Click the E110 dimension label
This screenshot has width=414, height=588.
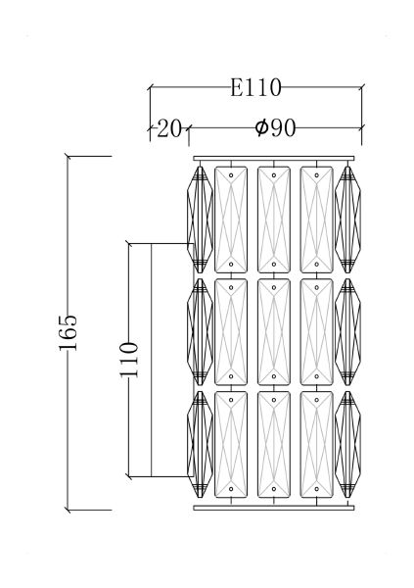coord(255,87)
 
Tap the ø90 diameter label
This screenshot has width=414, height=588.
coord(275,127)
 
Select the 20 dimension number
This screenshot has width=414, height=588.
coord(169,128)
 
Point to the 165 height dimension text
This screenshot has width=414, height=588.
coord(68,332)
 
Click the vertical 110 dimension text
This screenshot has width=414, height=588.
coord(129,360)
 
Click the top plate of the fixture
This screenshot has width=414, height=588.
coord(273,158)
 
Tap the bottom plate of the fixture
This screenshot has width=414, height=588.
coord(273,508)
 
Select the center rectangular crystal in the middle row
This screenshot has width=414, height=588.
coord(274,332)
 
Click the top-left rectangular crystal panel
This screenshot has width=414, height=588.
coord(231,220)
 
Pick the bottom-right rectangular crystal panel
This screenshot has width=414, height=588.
coord(317,445)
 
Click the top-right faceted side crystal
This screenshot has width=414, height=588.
coord(347,220)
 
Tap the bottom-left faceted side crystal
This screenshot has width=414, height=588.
coord(200,445)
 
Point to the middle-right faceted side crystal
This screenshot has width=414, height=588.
coord(347,332)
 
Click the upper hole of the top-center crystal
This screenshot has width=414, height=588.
coord(274,175)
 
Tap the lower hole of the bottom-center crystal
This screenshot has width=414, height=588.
coord(274,489)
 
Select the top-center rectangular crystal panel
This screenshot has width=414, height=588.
coord(274,220)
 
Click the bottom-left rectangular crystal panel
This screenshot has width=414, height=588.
coord(231,445)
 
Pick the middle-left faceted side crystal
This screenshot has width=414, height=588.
coord(200,332)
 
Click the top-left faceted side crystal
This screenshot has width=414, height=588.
coord(200,220)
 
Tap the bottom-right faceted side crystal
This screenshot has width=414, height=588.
coord(347,445)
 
